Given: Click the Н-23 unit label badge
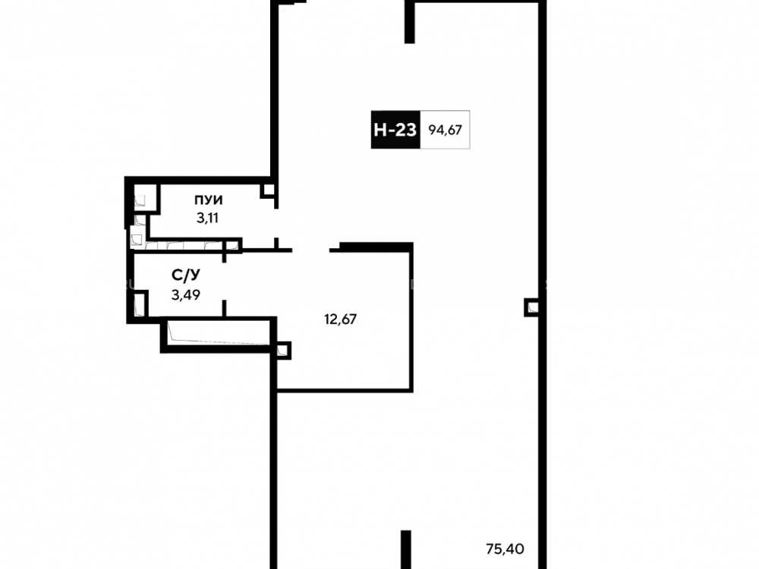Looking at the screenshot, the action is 395,130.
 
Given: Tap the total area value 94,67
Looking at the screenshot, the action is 445,130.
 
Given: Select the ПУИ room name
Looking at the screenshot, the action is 209,200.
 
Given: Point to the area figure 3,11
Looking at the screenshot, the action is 207,218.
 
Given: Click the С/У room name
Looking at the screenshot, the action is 186,275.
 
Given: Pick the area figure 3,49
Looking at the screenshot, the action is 186,294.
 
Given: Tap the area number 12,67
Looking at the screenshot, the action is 340,319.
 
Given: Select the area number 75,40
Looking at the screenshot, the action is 505,549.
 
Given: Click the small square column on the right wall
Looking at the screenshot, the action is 531,307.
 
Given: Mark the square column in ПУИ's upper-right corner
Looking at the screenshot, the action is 268,190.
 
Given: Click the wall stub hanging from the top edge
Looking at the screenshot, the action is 410,23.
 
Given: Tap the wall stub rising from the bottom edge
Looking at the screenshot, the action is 406,549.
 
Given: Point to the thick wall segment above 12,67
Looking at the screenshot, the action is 376,247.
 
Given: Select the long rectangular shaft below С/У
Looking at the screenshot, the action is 219,334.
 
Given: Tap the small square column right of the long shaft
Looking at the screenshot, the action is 282,351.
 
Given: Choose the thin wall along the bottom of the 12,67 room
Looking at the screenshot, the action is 344,390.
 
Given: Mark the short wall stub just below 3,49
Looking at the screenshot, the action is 224,308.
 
